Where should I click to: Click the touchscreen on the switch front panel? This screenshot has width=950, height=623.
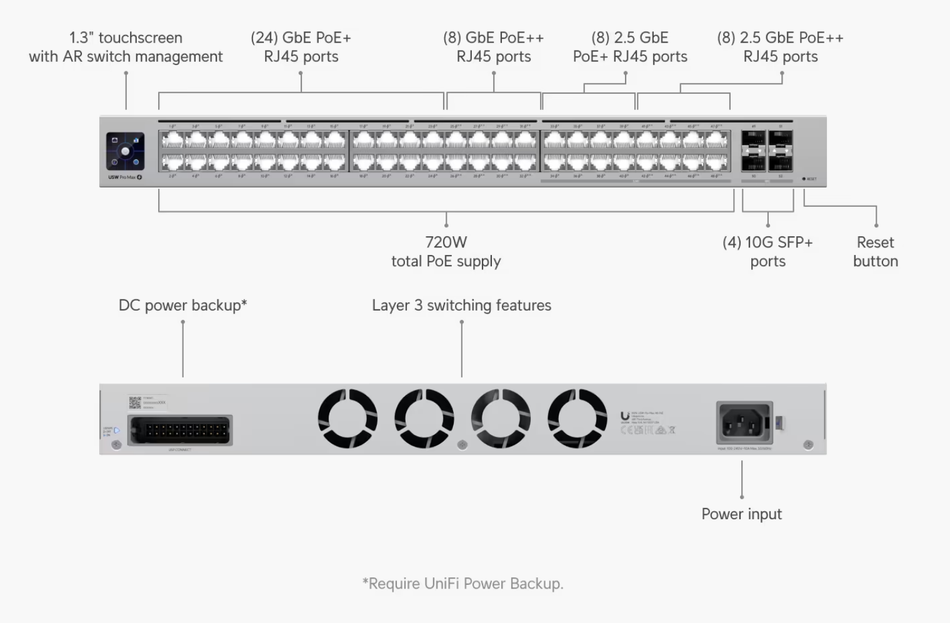click(x=125, y=151)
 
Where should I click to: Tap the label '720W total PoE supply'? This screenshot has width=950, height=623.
click(x=446, y=252)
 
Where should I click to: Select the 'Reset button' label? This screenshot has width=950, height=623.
click(x=875, y=252)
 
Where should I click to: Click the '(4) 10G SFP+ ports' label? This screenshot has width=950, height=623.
click(x=767, y=252)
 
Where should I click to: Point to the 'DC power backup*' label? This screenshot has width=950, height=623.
click(x=182, y=306)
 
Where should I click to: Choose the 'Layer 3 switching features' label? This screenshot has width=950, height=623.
click(x=461, y=306)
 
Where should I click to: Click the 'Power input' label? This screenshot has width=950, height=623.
click(x=741, y=514)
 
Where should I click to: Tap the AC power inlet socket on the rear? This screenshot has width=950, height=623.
click(x=745, y=423)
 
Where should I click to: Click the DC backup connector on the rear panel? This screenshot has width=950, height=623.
click(x=180, y=430)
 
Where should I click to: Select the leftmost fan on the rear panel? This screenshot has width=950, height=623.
click(x=347, y=418)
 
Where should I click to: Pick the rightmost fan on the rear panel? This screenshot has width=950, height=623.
click(x=577, y=418)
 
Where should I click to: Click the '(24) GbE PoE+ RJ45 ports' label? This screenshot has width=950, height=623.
click(x=301, y=47)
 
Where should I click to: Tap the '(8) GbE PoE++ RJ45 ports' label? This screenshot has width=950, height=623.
click(x=493, y=47)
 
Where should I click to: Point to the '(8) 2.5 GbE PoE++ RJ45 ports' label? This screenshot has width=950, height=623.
click(x=780, y=47)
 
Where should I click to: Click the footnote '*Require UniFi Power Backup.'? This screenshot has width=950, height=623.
click(x=462, y=584)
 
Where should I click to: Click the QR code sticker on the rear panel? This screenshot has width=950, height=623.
click(x=134, y=402)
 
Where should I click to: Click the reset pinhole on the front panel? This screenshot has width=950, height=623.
click(x=804, y=179)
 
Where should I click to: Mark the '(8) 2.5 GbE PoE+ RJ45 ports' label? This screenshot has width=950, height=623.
click(x=630, y=47)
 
